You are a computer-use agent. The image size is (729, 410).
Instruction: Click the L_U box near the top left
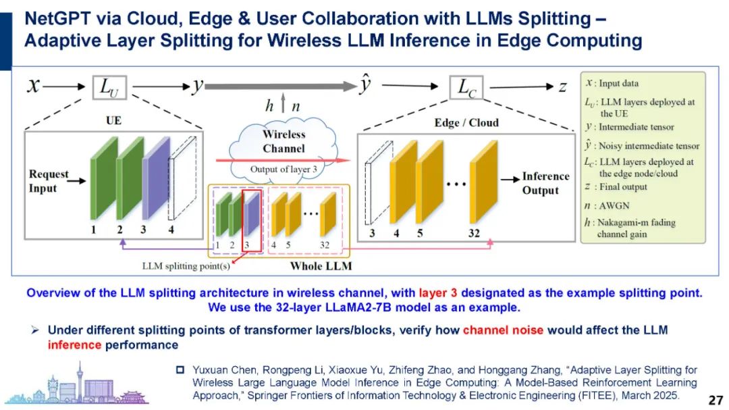pyautogui.click(x=109, y=87)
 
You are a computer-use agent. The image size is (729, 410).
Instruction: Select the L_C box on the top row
pyautogui.click(x=468, y=87)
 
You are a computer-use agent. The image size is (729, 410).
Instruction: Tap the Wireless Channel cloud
pyautogui.click(x=283, y=145)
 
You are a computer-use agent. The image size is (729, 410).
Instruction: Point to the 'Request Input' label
pyautogui.click(x=49, y=180)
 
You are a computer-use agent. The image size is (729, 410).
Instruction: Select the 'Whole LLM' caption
pyautogui.click(x=321, y=266)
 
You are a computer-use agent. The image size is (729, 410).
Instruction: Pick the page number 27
pyautogui.click(x=715, y=399)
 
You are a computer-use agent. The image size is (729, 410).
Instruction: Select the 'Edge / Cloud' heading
pyautogui.click(x=466, y=122)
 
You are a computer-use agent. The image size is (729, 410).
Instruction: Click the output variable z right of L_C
pyautogui.click(x=562, y=86)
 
